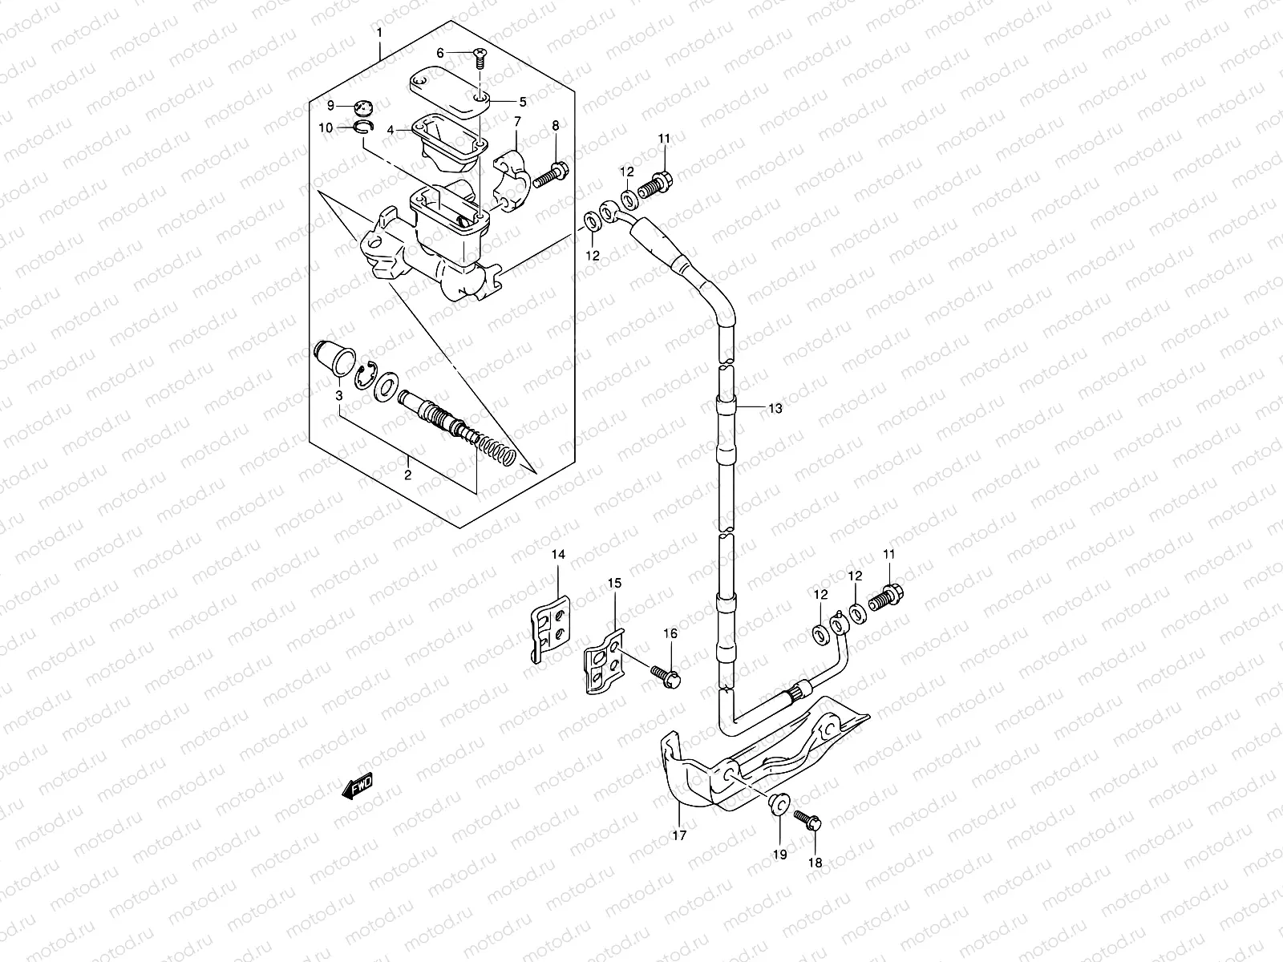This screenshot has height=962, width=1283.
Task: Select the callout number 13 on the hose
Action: click(774, 408)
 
